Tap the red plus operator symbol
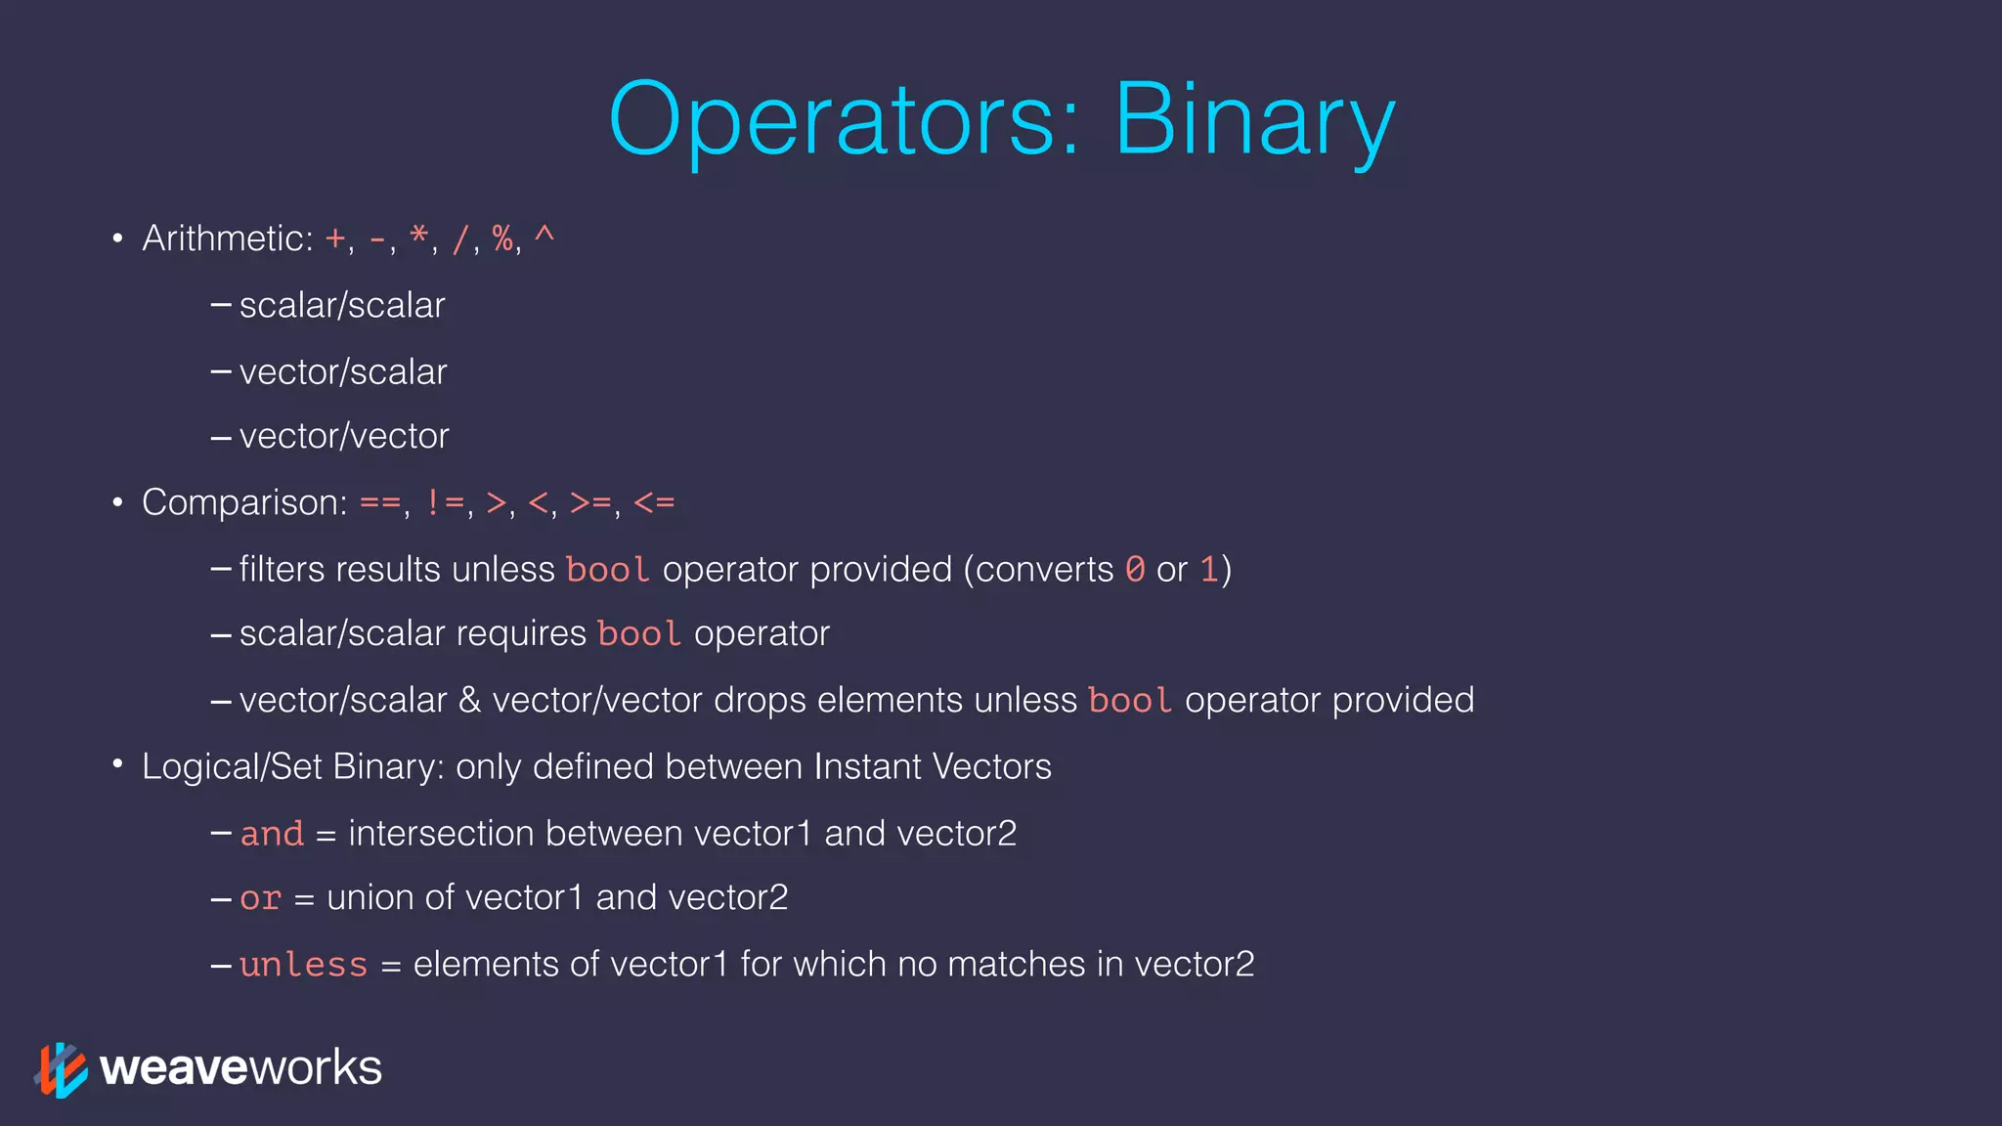335,238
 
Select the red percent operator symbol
502,238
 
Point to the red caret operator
544,235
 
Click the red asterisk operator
419,237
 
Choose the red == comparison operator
380,503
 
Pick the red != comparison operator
445,503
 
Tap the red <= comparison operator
654,503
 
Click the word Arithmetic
227,238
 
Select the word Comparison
244,503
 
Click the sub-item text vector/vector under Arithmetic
344,436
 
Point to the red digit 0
1135,569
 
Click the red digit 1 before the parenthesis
1209,569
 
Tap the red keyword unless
303,965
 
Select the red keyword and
272,834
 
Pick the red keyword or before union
260,898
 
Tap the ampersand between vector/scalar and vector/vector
469,701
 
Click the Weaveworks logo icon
61,1069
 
